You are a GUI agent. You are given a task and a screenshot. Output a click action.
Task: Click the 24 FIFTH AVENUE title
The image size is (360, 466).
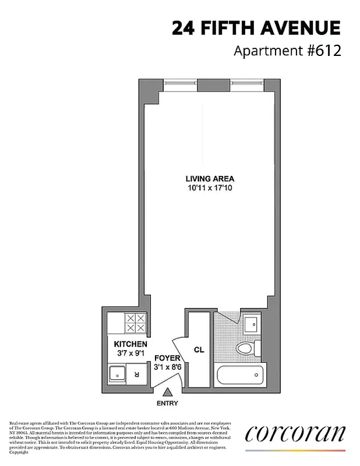[256, 28]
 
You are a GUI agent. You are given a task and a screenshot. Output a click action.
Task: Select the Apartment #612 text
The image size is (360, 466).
[287, 51]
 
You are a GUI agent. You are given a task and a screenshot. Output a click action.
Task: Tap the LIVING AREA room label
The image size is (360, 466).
[210, 179]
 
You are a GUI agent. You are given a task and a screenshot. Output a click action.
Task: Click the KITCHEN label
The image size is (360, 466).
[130, 344]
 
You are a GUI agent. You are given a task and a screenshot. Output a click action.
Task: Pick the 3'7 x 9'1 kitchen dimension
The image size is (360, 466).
[130, 353]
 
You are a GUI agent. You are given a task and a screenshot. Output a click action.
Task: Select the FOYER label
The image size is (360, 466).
[167, 358]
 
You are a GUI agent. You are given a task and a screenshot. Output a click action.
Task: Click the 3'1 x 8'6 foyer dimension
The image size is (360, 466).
[167, 367]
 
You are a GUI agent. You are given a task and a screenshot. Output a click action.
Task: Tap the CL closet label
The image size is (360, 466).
[199, 349]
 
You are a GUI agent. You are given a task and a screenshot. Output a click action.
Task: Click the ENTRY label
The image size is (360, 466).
[167, 403]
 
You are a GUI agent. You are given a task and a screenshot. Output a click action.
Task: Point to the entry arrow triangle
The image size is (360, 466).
[167, 393]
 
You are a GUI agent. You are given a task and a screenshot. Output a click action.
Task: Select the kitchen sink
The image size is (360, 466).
[117, 373]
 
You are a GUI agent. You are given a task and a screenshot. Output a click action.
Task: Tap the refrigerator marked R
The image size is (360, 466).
[136, 374]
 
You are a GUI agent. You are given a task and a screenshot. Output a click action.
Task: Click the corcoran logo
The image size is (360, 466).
[295, 435]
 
